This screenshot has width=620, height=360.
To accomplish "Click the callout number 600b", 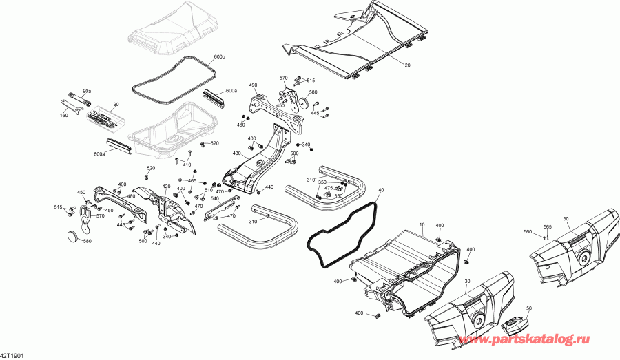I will [x=220, y=56].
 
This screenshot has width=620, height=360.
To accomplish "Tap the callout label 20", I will [x=407, y=65].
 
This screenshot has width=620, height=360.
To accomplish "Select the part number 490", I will [x=253, y=85].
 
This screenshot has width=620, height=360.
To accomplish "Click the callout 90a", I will [x=87, y=91].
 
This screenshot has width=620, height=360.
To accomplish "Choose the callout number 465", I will [x=192, y=180].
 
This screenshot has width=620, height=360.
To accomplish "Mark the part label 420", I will [x=166, y=187].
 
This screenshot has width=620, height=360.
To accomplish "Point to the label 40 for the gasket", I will [x=382, y=189].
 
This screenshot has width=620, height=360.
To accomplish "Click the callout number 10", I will [x=422, y=224].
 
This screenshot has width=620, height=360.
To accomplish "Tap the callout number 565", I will [x=548, y=227].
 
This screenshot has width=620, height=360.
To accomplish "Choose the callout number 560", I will [x=528, y=232].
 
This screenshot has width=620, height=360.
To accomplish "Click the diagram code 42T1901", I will [x=12, y=356].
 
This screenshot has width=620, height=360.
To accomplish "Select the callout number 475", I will [x=329, y=188].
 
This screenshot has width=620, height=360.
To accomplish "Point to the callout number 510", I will [x=208, y=190].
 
